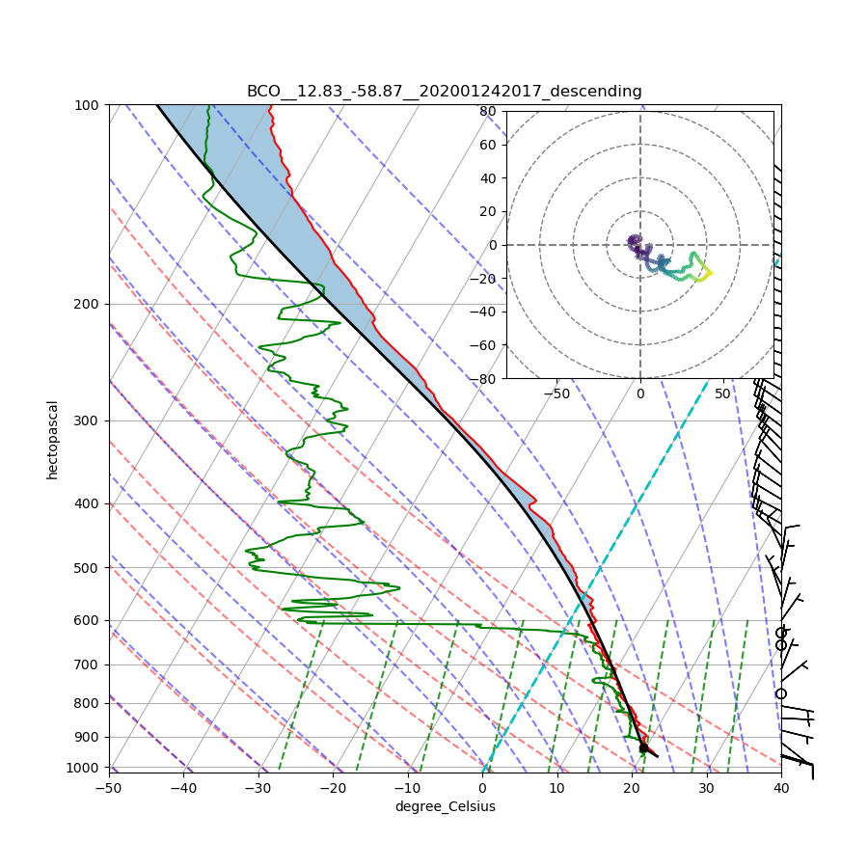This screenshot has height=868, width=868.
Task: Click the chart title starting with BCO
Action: pos(444,92)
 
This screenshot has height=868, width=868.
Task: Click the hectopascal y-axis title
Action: pos(53,439)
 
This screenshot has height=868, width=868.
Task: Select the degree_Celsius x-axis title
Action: pos(445,806)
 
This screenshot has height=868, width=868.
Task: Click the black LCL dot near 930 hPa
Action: pos(643,747)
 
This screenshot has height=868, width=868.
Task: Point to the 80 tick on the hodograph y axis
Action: pos(488,111)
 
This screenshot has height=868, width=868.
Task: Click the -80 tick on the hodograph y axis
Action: pos(485,379)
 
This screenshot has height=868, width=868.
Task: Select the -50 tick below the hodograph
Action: pos(556,393)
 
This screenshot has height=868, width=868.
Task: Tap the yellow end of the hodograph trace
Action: pos(710,273)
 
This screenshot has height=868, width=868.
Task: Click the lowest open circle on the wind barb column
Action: pos(781,693)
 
